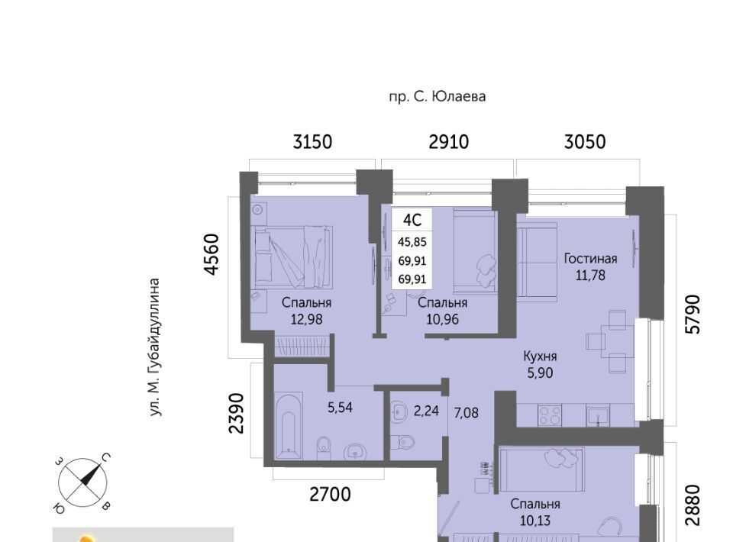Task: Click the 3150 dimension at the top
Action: [x=312, y=141]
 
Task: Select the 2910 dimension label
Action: [x=448, y=141]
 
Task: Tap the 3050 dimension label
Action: [x=585, y=141]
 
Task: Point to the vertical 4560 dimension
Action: [x=212, y=255]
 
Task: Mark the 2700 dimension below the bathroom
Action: [x=330, y=494]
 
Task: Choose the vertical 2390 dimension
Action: [x=237, y=413]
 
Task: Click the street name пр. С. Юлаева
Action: [x=437, y=97]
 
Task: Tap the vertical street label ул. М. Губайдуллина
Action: [x=155, y=347]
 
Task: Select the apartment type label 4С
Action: [x=412, y=219]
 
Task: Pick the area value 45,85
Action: [x=412, y=241]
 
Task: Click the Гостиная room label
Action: [x=590, y=258]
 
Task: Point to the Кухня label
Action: [x=540, y=356]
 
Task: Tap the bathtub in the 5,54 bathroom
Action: [x=289, y=427]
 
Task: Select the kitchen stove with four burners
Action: [x=549, y=415]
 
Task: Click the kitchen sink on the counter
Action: [x=598, y=415]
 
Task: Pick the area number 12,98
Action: [x=306, y=320]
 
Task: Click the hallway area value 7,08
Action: [x=466, y=412]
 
